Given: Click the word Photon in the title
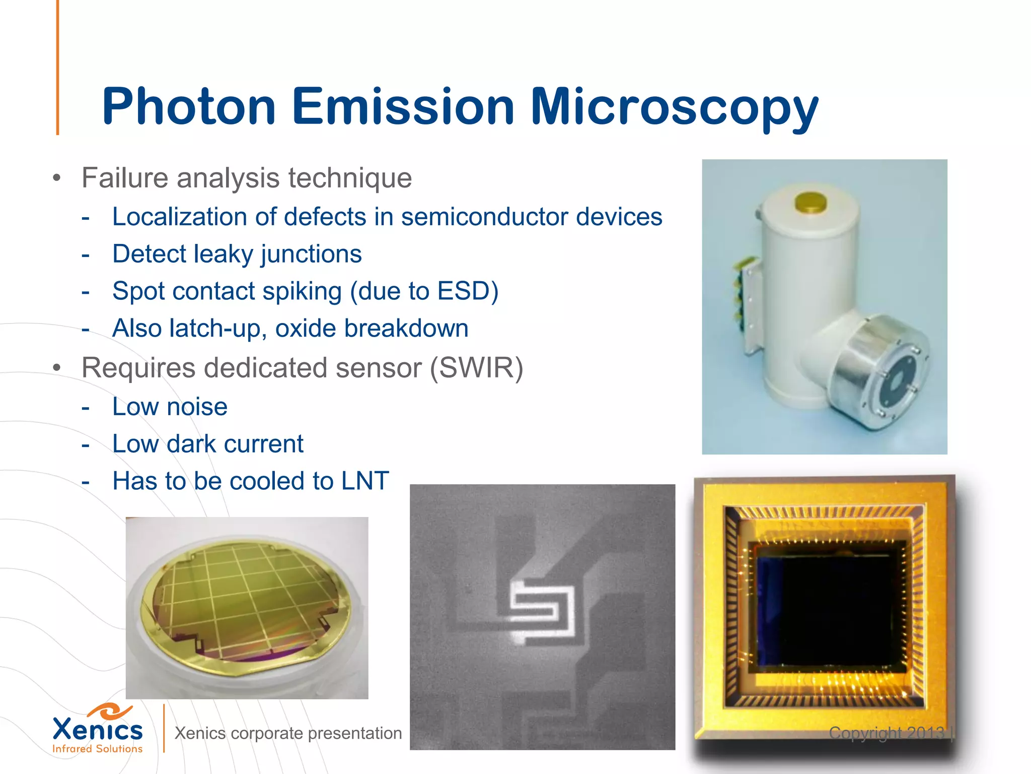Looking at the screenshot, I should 189,107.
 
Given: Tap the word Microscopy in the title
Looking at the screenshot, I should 675,107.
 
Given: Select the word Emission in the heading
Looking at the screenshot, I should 403,107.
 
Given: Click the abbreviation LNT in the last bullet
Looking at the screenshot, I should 365,481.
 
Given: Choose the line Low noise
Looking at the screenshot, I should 170,407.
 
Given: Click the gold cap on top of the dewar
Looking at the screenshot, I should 811,203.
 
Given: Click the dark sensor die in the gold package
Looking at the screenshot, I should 826,610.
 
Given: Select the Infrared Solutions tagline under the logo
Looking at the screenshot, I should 97,749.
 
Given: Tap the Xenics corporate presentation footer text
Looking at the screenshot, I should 288,733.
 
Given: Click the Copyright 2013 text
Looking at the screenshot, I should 886,733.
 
